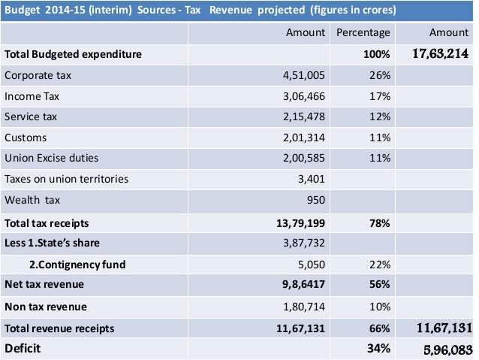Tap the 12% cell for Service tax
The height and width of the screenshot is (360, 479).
coord(379,117)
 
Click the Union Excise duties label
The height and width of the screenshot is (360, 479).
coord(51,159)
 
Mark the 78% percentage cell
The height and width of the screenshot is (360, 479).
coord(379,223)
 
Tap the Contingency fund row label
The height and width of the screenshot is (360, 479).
coord(77,265)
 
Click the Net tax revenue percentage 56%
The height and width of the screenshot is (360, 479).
coord(379,285)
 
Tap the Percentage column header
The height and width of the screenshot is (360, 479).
coord(363,33)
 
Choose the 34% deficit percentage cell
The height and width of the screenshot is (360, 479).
coord(379,349)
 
